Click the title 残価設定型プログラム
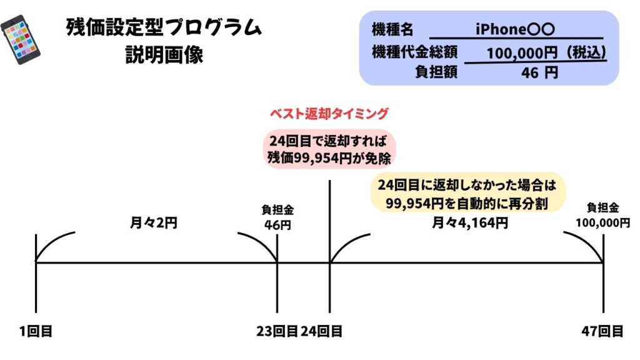click(x=164, y=28)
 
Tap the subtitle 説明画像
click(x=164, y=55)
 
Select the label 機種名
click(x=392, y=29)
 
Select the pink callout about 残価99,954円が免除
click(x=329, y=149)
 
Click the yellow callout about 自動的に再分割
click(x=467, y=193)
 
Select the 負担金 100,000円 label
click(x=603, y=216)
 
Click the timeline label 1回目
click(x=36, y=331)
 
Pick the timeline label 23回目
click(x=277, y=331)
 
